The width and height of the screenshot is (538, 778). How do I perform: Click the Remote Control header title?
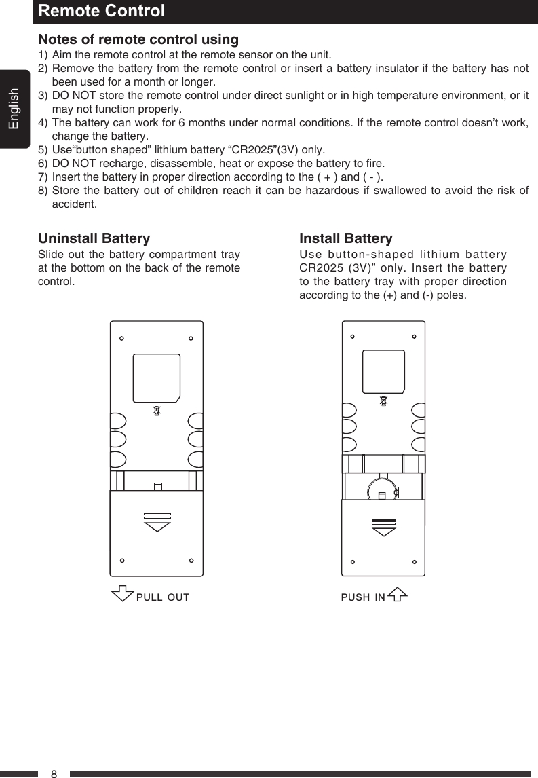101,12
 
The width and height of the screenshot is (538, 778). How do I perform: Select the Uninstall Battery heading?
94,239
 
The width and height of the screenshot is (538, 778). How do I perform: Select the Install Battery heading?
345,239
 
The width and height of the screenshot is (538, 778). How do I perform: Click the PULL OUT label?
163,597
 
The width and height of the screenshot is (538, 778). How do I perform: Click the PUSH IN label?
363,597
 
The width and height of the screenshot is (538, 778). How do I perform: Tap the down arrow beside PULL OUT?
122,593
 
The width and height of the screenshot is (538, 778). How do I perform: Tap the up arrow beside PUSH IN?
398,595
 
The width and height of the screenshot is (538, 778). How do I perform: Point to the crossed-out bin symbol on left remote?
157,411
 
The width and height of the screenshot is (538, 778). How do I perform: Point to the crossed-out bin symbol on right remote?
384,401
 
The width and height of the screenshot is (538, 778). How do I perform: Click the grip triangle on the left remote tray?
157,526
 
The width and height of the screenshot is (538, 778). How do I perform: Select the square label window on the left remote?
157,377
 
